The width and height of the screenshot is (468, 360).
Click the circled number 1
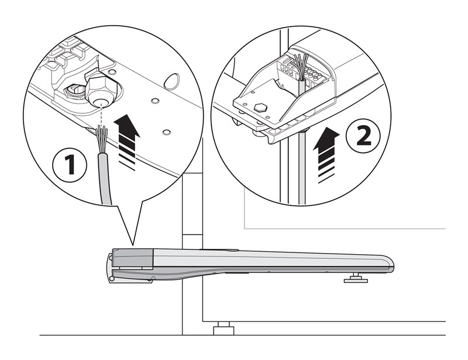(70, 164)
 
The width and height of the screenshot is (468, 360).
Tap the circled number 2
(363, 136)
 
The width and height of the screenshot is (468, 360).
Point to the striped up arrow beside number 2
(326, 154)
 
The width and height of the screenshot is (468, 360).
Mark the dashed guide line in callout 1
(101, 115)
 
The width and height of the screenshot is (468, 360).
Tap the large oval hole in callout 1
(172, 81)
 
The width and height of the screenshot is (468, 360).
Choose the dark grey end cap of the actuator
(133, 258)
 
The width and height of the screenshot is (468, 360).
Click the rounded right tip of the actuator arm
(391, 264)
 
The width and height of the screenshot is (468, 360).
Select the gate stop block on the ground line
(224, 328)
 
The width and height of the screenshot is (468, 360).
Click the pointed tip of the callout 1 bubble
(133, 246)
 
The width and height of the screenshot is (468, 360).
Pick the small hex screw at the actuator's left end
(111, 278)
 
